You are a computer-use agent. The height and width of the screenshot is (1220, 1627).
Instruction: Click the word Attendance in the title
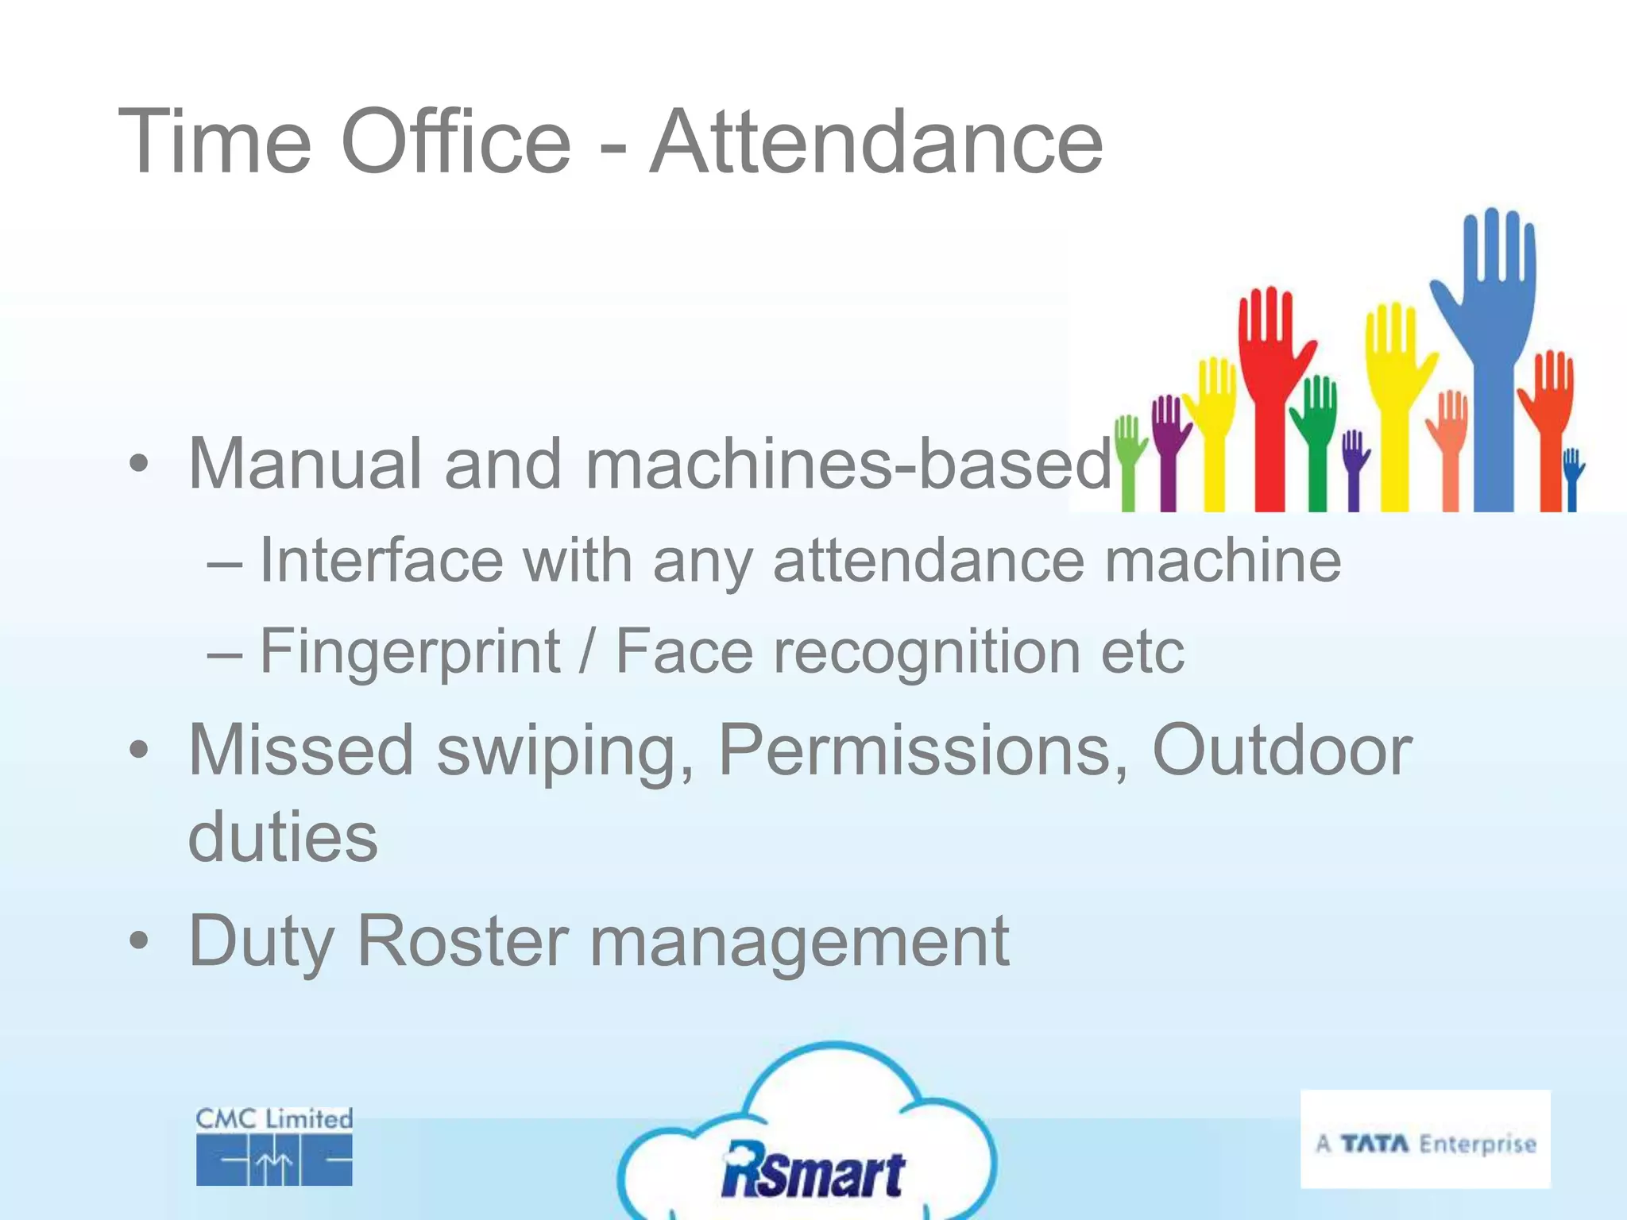click(875, 143)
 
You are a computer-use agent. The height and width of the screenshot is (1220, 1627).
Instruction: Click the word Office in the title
click(456, 143)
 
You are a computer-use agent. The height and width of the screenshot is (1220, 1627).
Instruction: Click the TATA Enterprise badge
click(1425, 1139)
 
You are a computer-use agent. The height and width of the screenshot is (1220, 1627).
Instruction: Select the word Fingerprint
click(410, 652)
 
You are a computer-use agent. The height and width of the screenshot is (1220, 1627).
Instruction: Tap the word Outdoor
click(1281, 751)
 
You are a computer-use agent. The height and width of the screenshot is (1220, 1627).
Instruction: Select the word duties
click(283, 838)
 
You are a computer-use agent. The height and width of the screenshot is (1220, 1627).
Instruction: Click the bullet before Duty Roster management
click(139, 941)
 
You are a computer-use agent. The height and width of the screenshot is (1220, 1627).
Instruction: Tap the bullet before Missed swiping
click(139, 751)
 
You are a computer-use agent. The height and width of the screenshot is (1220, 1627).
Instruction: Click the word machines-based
click(848, 465)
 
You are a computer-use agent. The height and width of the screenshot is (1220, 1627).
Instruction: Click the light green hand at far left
click(1129, 461)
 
